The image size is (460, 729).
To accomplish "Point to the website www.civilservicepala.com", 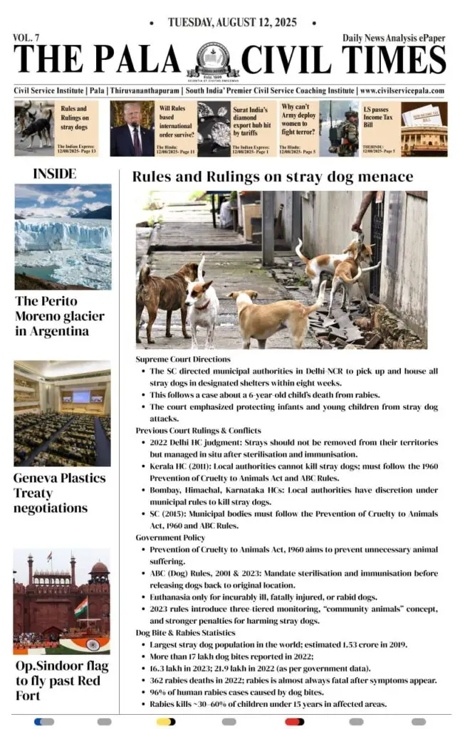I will tap(402, 91).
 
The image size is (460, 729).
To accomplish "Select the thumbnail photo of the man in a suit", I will tap(132, 129).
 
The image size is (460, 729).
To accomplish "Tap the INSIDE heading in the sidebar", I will tap(55, 174).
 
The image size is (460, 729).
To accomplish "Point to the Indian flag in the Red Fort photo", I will tap(80, 607).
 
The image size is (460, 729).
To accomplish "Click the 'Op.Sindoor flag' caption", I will tap(61, 680).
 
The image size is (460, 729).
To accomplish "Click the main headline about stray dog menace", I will tap(272, 177).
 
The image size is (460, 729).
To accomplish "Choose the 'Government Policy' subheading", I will tap(170, 537).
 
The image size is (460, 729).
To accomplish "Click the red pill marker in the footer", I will tap(294, 721).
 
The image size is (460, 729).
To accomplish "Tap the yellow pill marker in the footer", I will tap(165, 721).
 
